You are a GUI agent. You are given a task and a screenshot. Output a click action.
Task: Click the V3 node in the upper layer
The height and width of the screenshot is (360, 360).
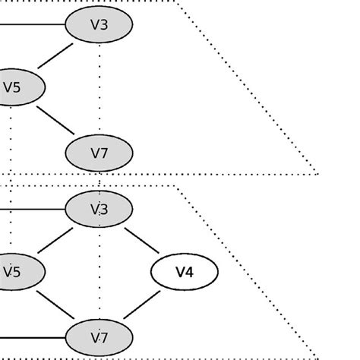click(99, 24)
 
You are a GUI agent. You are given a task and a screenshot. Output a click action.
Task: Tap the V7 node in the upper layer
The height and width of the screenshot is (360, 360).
click(99, 153)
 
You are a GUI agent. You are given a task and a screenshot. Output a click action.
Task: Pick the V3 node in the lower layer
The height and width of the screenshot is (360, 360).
click(99, 209)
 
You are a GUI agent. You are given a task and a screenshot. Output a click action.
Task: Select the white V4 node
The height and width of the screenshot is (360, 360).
click(185, 272)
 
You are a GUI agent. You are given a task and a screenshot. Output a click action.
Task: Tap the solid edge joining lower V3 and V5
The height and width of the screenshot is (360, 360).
click(55, 240)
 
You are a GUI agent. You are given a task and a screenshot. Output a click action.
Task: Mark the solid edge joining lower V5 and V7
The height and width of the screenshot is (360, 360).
click(55, 304)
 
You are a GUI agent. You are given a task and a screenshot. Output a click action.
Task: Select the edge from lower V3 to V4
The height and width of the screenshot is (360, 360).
click(141, 240)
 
